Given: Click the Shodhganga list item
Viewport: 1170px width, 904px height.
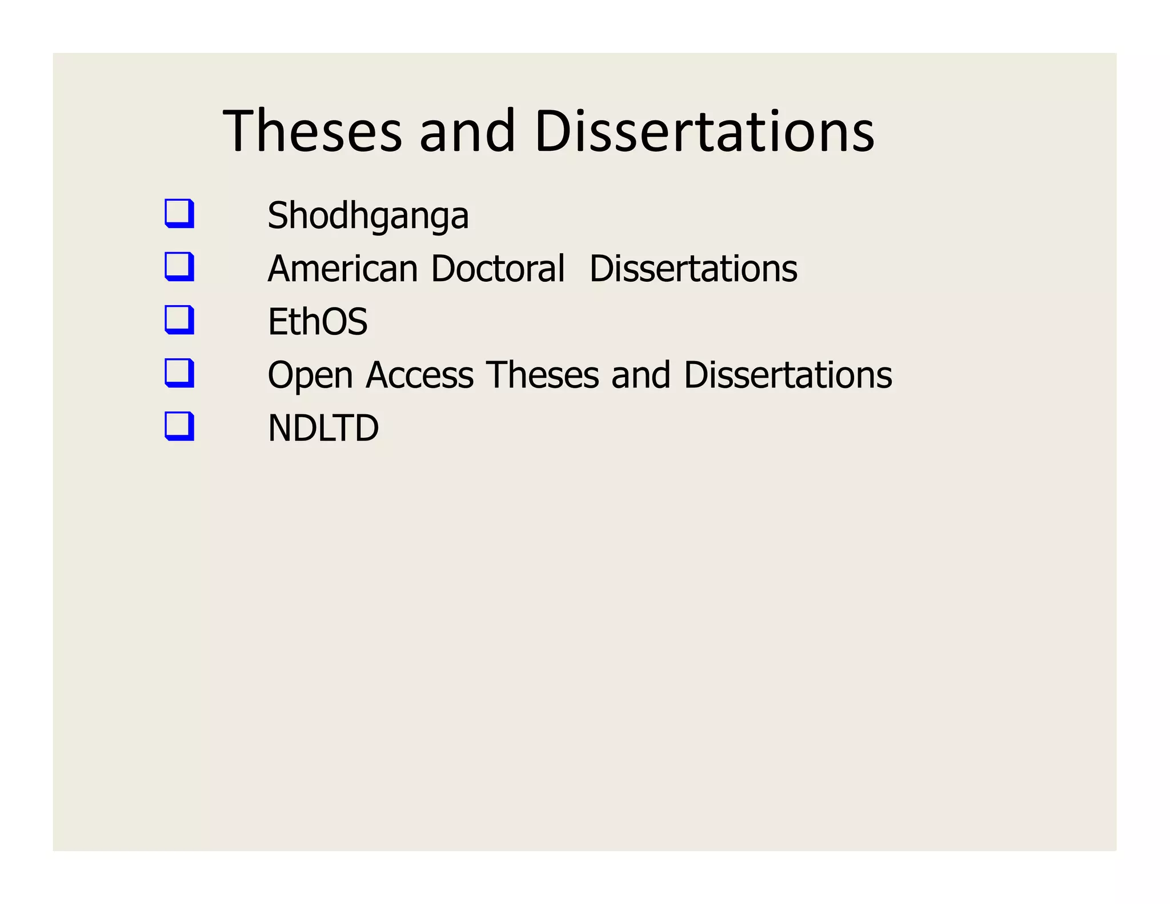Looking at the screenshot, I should pos(368,216).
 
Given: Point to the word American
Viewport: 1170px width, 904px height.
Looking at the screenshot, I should pos(343,269).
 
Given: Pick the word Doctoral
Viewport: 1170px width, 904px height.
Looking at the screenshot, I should pos(498,269).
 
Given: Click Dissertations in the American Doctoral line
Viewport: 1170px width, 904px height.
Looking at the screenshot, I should pos(693,269).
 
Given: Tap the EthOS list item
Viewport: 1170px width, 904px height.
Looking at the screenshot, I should pos(318,322).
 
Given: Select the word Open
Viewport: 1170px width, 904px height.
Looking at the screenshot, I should pos(310,376).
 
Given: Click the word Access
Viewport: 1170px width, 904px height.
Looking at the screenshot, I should pos(419,375).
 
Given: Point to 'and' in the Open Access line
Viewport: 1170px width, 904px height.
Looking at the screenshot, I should pos(640,375).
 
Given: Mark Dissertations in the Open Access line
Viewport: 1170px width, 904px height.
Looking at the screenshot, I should pos(788,375).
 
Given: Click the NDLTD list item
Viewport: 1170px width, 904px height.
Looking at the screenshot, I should pos(323,428).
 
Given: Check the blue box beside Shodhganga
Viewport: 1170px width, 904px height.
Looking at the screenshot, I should pos(179,214).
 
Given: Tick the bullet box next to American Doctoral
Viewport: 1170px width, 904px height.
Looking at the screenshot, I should pos(179,267).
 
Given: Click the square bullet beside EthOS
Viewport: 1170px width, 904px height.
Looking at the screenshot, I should pos(179,320).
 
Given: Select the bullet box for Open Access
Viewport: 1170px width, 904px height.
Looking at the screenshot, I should pos(179,373).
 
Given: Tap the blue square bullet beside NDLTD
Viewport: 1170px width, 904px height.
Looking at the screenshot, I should pos(179,426).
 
